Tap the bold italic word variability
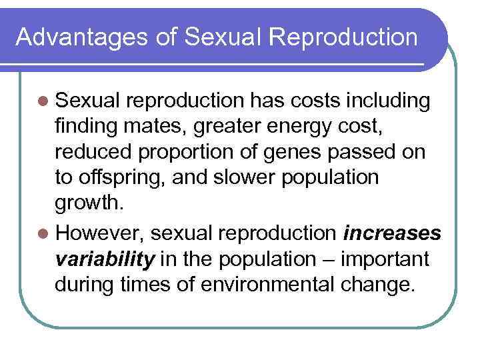click(x=101, y=259)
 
